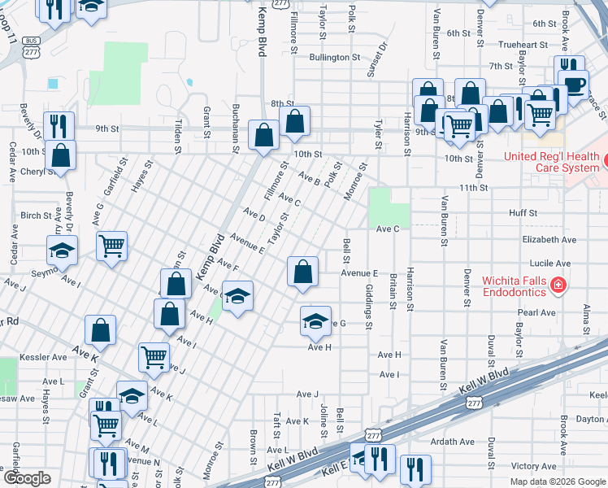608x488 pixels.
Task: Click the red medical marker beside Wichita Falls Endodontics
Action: coord(558,285)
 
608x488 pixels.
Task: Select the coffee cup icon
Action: coord(575,84)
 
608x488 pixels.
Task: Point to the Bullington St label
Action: coord(334,58)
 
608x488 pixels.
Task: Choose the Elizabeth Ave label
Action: coord(549,240)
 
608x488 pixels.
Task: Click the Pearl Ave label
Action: coord(536,312)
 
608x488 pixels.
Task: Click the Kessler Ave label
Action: coord(48,356)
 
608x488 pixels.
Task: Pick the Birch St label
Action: coord(36,216)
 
